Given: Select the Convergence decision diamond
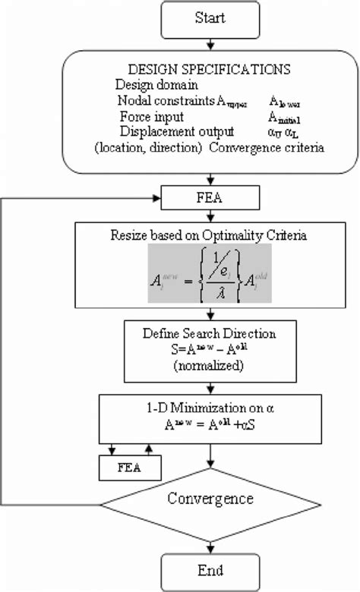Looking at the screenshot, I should (x=210, y=499).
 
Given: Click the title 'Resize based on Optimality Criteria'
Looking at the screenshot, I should (x=210, y=237).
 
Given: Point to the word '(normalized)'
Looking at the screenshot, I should (x=210, y=364).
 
